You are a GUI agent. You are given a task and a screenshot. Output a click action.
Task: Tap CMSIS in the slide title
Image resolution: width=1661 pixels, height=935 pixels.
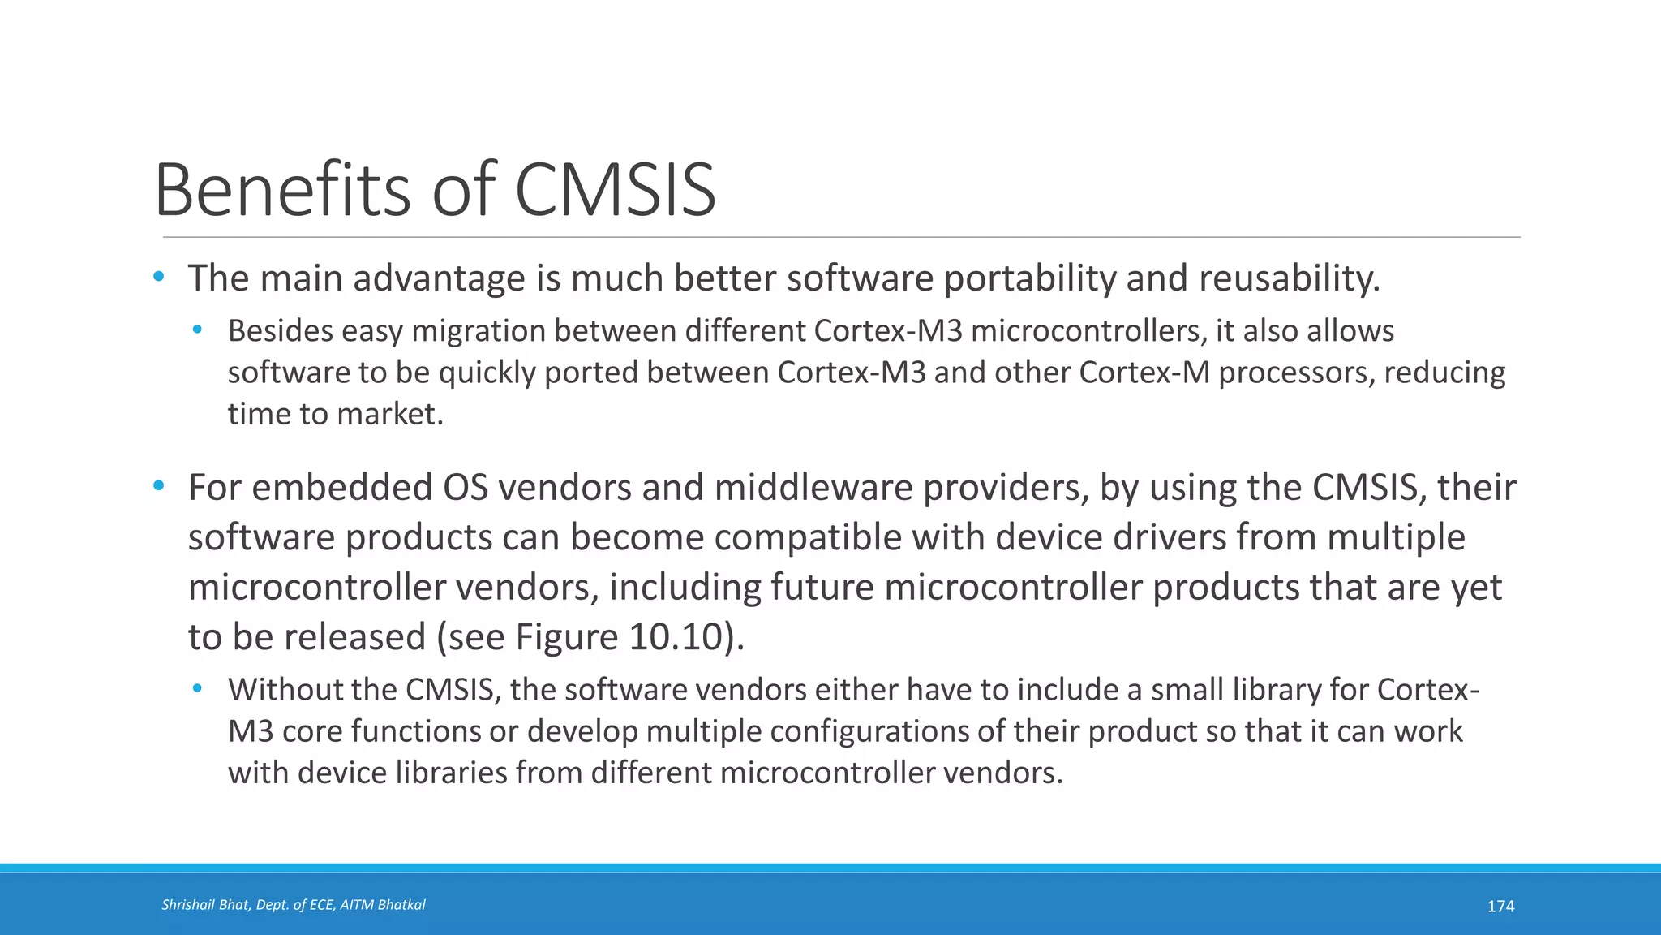coord(616,190)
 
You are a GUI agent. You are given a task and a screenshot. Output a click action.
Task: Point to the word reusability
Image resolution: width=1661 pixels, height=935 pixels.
coord(1289,278)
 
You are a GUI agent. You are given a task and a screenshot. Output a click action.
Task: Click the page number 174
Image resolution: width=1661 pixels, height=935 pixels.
coord(1500,907)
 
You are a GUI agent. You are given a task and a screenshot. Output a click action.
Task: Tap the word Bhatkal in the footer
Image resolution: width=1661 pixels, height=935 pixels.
coord(401,905)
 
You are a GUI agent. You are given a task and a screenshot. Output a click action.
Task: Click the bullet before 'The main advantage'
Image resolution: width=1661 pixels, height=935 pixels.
coord(159,278)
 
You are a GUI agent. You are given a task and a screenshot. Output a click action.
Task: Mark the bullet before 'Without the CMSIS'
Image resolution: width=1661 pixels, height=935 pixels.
coord(197,689)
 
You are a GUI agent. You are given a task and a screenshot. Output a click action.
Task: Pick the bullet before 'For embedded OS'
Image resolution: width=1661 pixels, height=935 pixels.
coord(159,487)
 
